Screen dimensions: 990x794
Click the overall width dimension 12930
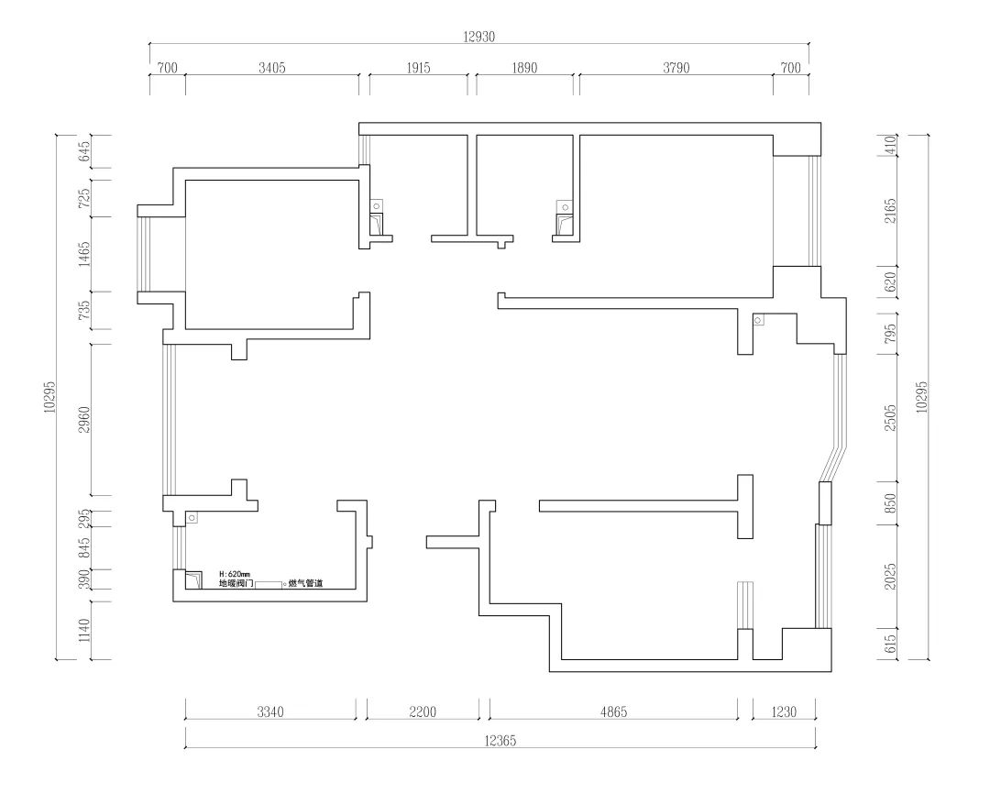click(479, 37)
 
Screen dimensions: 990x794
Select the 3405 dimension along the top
click(272, 68)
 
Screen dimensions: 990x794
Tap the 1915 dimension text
click(419, 68)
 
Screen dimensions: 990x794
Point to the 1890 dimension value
click(524, 68)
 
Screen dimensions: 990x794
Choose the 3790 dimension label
click(676, 68)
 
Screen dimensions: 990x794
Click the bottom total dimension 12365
click(500, 740)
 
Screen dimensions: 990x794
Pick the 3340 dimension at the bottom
click(270, 711)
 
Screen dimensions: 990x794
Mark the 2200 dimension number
click(423, 711)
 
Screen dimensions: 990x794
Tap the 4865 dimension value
click(613, 711)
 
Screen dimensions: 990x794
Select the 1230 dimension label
click(784, 711)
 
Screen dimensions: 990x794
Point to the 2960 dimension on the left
click(84, 420)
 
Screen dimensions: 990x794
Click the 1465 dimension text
click(84, 254)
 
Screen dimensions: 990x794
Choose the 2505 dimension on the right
click(890, 418)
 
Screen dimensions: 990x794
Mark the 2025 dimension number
click(890, 577)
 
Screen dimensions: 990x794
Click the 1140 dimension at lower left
click(84, 631)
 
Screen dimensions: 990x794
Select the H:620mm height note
click(235, 574)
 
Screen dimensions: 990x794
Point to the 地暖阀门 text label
click(236, 583)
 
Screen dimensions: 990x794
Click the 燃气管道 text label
click(305, 584)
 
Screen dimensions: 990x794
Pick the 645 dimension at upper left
click(84, 151)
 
